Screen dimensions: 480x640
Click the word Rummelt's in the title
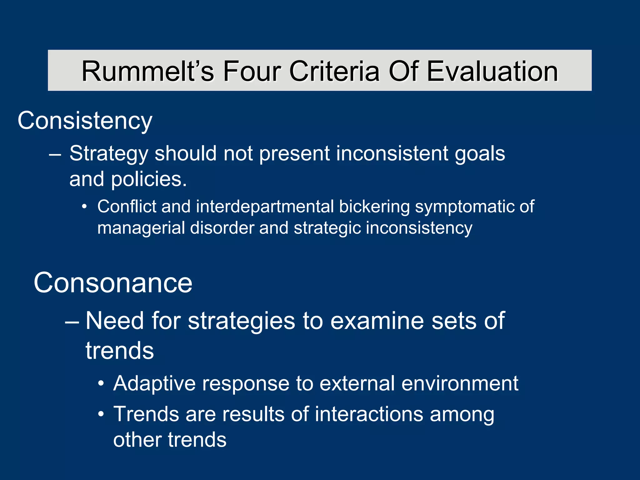click(147, 71)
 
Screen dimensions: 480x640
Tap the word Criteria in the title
click(334, 71)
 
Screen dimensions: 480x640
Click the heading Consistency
click(85, 121)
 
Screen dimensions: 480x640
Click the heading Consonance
click(113, 282)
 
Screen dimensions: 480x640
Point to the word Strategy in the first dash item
click(108, 154)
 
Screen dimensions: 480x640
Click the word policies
click(149, 179)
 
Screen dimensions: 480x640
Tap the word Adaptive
click(154, 383)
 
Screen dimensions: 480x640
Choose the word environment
click(460, 383)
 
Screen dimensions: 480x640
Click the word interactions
click(369, 414)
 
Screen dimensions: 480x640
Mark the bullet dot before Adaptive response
click(101, 384)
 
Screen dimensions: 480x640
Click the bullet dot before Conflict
click(84, 207)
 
